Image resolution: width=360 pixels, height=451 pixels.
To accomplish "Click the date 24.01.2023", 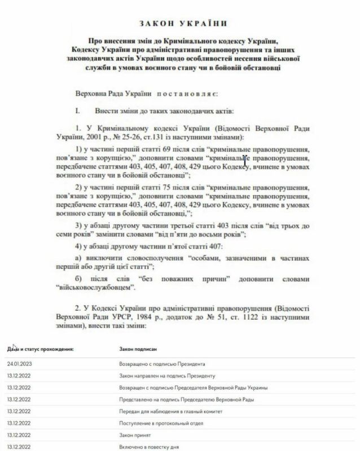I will tap(20, 364).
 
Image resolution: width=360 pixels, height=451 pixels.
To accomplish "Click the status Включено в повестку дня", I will tap(148, 447).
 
